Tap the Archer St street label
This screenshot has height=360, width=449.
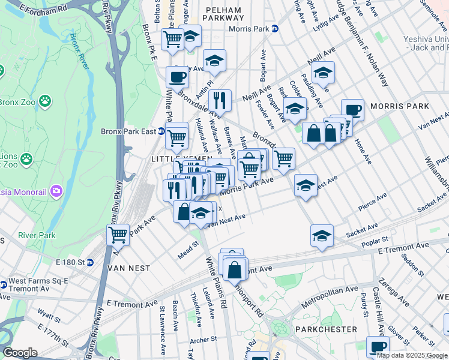click(204, 340)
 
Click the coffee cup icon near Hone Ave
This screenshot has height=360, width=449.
click(352, 109)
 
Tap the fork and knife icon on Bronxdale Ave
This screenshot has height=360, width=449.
click(220, 100)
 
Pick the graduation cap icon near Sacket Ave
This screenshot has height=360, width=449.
click(322, 235)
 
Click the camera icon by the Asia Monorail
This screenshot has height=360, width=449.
click(56, 191)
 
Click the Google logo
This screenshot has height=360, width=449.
click(20, 353)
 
